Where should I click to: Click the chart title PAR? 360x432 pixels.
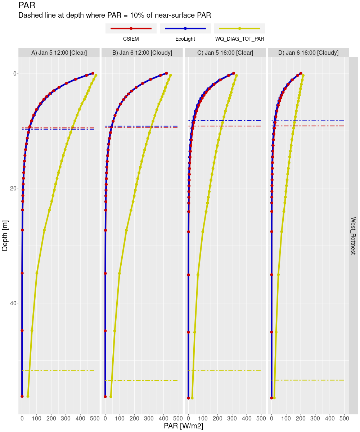point(27,6)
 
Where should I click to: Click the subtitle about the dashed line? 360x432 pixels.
point(114,15)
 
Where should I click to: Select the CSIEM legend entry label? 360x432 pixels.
point(131,39)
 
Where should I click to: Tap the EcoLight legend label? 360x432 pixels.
point(185,39)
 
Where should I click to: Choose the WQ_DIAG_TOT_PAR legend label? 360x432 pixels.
point(239,39)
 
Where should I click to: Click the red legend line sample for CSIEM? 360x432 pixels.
point(131,28)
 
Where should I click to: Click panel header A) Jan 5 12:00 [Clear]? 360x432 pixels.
point(59,53)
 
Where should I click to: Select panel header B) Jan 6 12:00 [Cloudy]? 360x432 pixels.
point(142,53)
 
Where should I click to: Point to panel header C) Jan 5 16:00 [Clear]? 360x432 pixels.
point(225,53)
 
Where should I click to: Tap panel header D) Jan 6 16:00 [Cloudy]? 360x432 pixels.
point(309,53)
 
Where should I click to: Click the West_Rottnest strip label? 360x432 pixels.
point(353,236)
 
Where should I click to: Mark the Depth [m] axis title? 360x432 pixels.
point(5,236)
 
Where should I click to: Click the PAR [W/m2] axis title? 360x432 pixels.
point(184,426)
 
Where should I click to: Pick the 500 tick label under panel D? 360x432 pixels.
point(344,419)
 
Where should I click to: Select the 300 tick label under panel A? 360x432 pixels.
point(66,419)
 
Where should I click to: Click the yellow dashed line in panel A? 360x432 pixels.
point(58,370)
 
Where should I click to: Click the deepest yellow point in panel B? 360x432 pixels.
point(111,396)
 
